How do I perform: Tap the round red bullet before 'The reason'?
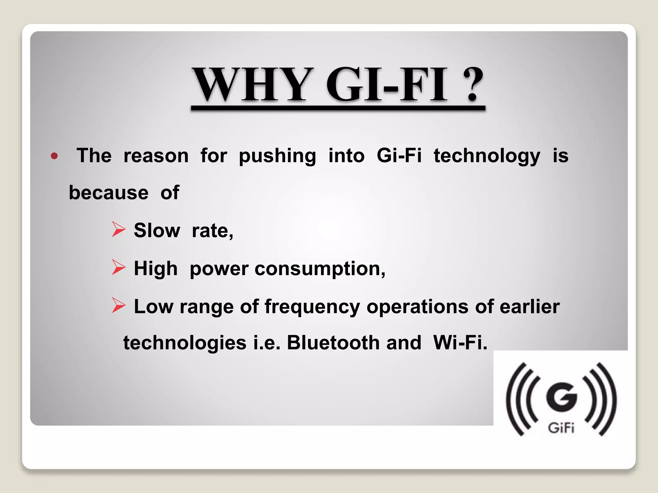(54, 156)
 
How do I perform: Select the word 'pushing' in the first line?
(277, 156)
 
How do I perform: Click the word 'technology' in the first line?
(487, 156)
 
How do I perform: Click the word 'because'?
(109, 193)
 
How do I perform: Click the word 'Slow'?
(157, 230)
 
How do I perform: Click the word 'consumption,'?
(320, 269)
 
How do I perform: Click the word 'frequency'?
(312, 307)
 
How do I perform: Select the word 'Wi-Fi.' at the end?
(460, 343)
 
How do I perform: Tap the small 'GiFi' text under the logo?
(561, 428)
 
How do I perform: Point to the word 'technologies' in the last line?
(185, 343)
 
